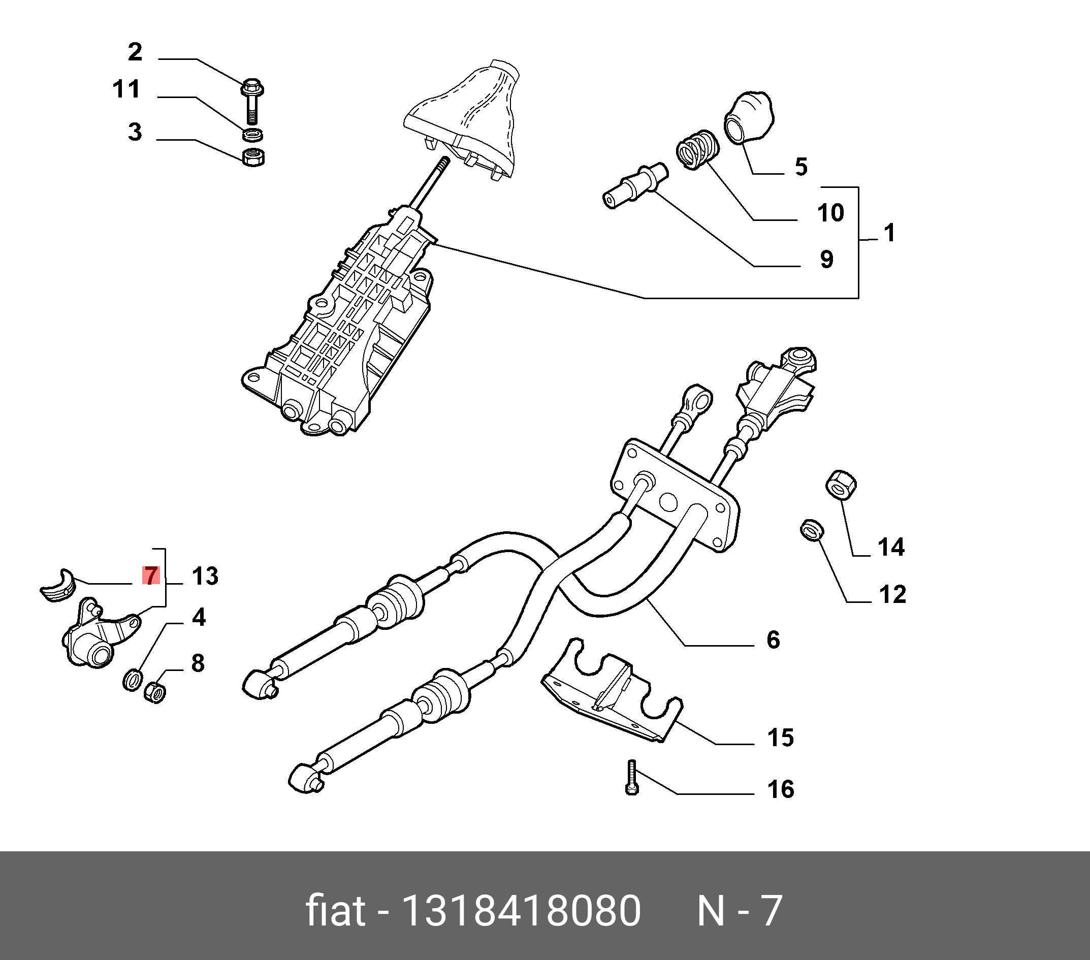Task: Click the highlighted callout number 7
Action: (151, 576)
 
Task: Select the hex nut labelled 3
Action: (254, 157)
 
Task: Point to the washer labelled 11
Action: (252, 135)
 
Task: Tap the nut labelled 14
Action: (842, 486)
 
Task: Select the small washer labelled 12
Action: (813, 530)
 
